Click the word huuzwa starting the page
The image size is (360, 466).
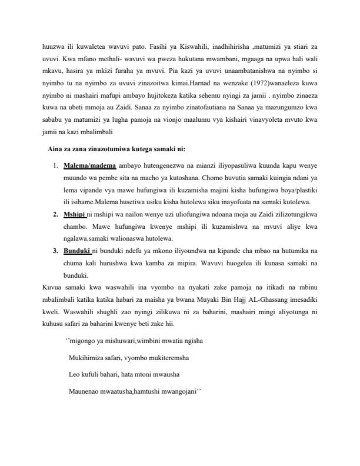pyautogui.click(x=51, y=45)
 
